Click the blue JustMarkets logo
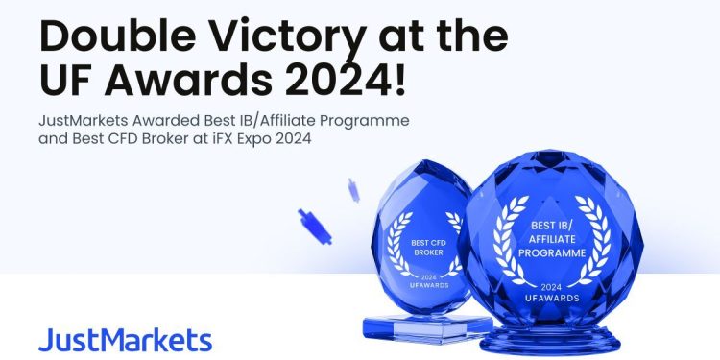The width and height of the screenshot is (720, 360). [x=125, y=340]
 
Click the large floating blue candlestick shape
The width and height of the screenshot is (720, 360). [x=314, y=226]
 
